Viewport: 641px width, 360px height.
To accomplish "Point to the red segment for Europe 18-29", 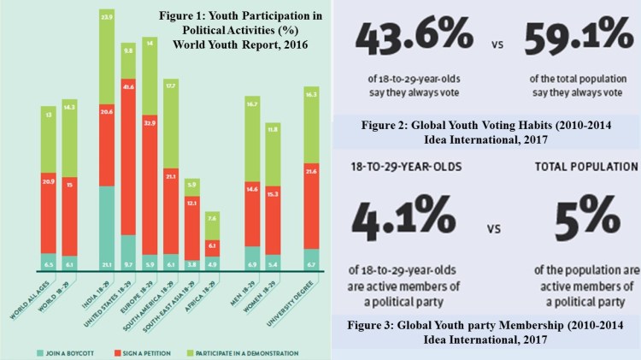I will click(149, 184).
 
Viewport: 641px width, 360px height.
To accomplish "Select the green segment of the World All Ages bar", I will click(49, 139).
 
